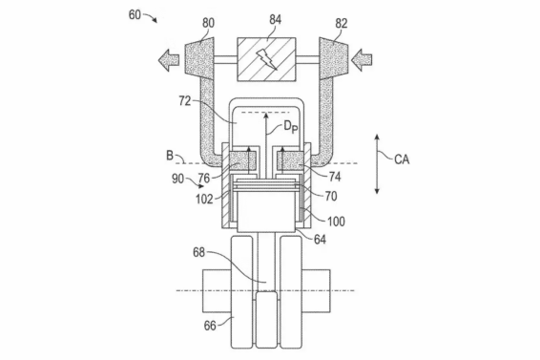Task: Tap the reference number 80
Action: (x=208, y=23)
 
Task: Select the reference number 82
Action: (x=342, y=24)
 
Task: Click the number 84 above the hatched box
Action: (x=275, y=20)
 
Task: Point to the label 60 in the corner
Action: (x=135, y=15)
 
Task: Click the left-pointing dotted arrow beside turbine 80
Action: (x=169, y=60)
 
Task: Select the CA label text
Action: (x=402, y=159)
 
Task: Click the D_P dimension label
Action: (x=291, y=127)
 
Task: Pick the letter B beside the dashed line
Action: (x=170, y=156)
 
